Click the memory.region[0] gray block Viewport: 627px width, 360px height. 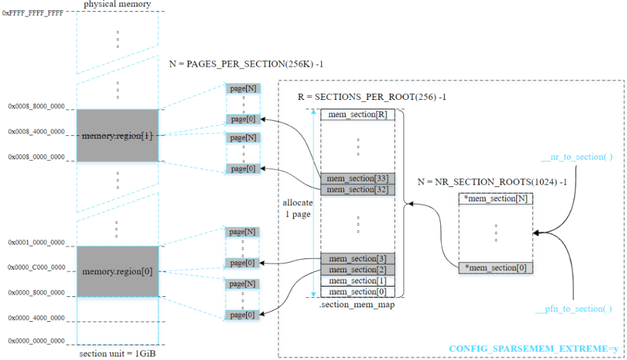(x=117, y=271)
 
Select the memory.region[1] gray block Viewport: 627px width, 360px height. (x=117, y=136)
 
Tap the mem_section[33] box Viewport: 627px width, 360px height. (x=358, y=178)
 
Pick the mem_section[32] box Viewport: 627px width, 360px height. (x=358, y=190)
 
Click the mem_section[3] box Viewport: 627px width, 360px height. (x=358, y=259)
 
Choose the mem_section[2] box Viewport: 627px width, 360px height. (x=358, y=269)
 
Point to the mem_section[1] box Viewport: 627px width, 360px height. (x=358, y=281)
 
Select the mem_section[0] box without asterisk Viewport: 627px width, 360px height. (x=358, y=292)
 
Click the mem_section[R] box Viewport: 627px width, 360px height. (x=358, y=115)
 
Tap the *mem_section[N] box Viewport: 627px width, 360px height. (x=496, y=199)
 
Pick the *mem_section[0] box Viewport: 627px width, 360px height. (x=496, y=268)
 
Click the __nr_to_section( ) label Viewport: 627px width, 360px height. (x=576, y=157)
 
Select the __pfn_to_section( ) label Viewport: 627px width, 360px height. (x=574, y=309)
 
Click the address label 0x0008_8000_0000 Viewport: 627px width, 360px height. (x=37, y=106)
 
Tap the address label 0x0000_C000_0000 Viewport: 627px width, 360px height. (x=37, y=268)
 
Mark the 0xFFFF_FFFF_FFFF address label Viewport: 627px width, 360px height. (x=33, y=13)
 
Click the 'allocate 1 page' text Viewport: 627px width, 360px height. (x=298, y=208)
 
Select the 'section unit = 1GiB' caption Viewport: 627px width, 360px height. (x=117, y=354)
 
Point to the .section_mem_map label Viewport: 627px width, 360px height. (x=357, y=304)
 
